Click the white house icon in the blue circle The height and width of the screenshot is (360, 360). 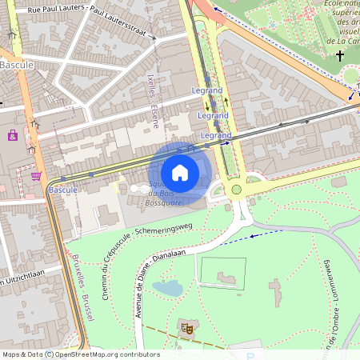[180, 172]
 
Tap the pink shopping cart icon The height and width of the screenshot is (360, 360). [36, 176]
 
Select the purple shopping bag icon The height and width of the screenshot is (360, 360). [13, 135]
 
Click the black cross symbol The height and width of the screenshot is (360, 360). [340, 56]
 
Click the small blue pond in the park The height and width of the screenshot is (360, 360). [168, 287]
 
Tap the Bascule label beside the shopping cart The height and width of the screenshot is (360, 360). [62, 190]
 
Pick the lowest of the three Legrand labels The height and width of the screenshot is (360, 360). [216, 137]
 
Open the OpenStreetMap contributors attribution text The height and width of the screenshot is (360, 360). [104, 354]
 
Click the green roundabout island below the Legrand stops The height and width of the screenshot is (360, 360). [236, 190]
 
